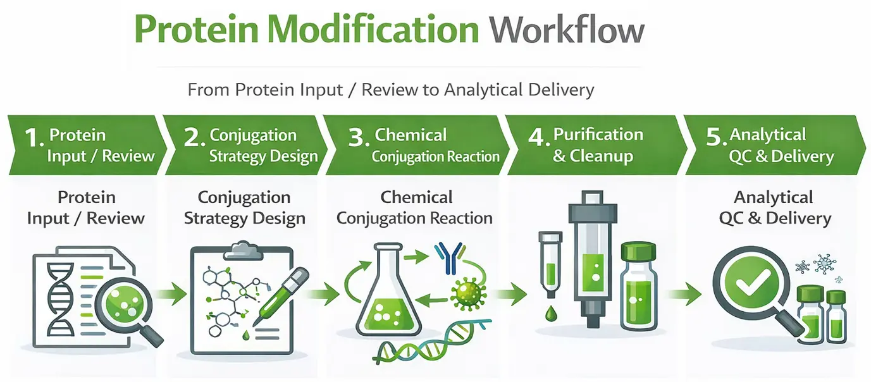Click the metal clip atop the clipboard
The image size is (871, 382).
pos(241,249)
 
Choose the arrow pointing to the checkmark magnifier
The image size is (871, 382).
pos(687,293)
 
